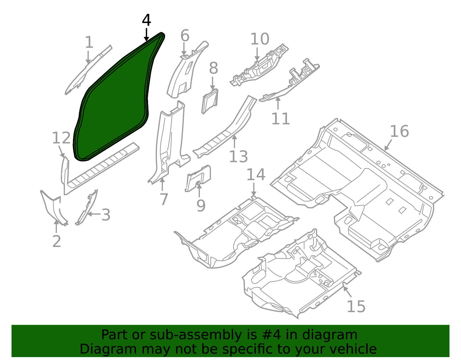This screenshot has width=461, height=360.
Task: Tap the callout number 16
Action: pos(399,131)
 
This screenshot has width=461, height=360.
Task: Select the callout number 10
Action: pos(260,39)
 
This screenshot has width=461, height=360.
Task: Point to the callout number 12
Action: pos(61,138)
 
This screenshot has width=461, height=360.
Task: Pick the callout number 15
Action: pos(356,307)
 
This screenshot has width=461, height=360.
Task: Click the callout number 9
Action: pos(201,205)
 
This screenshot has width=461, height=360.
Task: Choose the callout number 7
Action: pos(164,199)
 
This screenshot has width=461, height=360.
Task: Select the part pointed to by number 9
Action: pos(198,178)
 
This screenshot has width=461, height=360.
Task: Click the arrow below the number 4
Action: pos(146,35)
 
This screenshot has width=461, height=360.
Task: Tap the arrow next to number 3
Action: pos(94,214)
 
